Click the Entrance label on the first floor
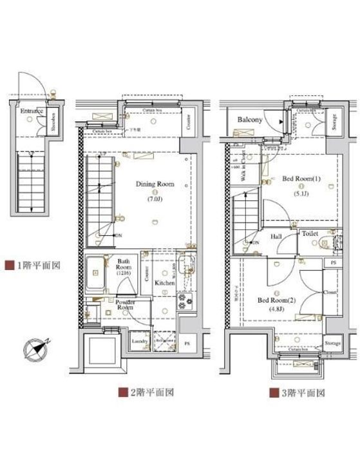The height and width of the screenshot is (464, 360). (31, 111)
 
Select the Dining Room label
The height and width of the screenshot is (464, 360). (155, 184)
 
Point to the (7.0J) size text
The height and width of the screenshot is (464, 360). (155, 199)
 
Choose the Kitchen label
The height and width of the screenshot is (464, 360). (164, 282)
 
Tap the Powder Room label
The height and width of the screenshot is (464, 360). (125, 305)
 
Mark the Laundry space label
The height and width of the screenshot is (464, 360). (140, 341)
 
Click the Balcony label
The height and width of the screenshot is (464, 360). (248, 121)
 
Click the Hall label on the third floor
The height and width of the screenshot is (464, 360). (276, 237)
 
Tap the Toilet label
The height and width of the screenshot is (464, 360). (310, 234)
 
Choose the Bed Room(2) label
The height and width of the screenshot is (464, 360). (276, 300)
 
